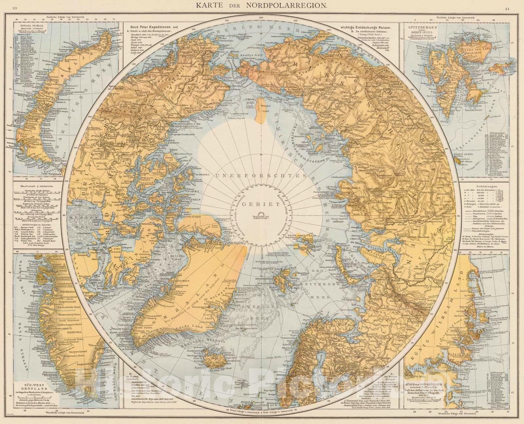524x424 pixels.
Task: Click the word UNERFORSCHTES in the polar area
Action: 262,176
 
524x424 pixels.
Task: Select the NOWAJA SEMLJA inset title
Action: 30,24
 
